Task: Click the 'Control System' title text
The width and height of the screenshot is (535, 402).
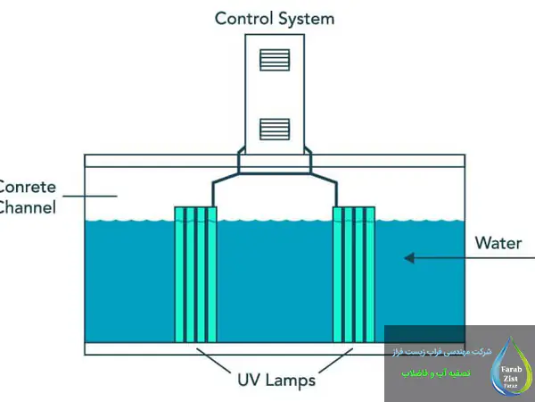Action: coord(274,18)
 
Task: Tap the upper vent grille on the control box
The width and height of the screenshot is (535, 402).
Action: coord(274,60)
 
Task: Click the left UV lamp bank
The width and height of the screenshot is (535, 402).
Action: coord(195,274)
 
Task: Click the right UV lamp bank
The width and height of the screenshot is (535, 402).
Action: coord(354,274)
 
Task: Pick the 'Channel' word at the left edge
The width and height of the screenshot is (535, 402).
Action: coord(28,207)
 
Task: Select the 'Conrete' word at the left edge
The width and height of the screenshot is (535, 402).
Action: coord(28,188)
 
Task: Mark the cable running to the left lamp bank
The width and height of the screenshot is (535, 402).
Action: coord(212,192)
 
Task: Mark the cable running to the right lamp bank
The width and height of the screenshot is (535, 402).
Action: coord(337,192)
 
